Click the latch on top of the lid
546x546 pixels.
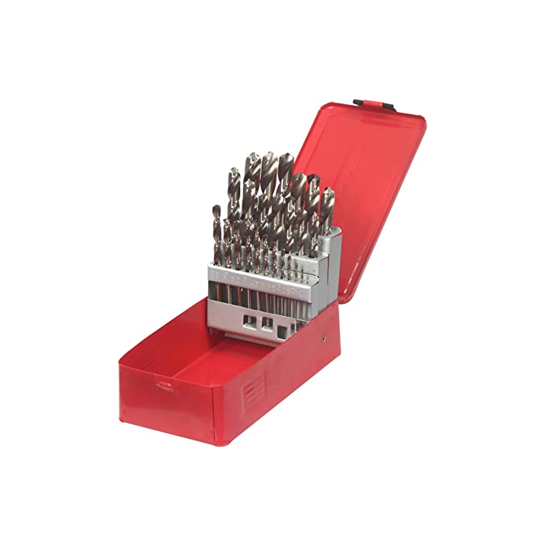coord(374,106)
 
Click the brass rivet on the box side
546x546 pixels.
coord(322,339)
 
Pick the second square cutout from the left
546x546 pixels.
coord(267,323)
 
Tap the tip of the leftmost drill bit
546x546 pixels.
coord(216,208)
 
